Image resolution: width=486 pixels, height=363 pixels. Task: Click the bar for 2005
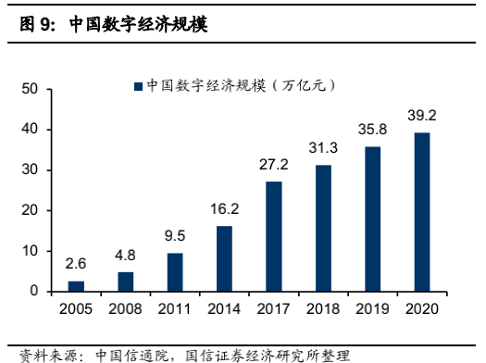[76, 286]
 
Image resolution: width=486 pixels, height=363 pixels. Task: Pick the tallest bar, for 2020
[422, 212]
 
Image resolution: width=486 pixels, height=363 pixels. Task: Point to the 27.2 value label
[274, 166]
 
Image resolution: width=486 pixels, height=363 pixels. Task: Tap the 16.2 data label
[225, 210]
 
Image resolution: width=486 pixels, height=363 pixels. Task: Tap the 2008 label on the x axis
[126, 307]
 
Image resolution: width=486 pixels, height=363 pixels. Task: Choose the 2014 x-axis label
[225, 307]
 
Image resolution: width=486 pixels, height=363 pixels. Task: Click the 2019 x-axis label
[373, 307]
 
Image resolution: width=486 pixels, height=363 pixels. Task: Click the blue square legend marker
[137, 86]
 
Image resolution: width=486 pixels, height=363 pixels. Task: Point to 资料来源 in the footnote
[43, 354]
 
